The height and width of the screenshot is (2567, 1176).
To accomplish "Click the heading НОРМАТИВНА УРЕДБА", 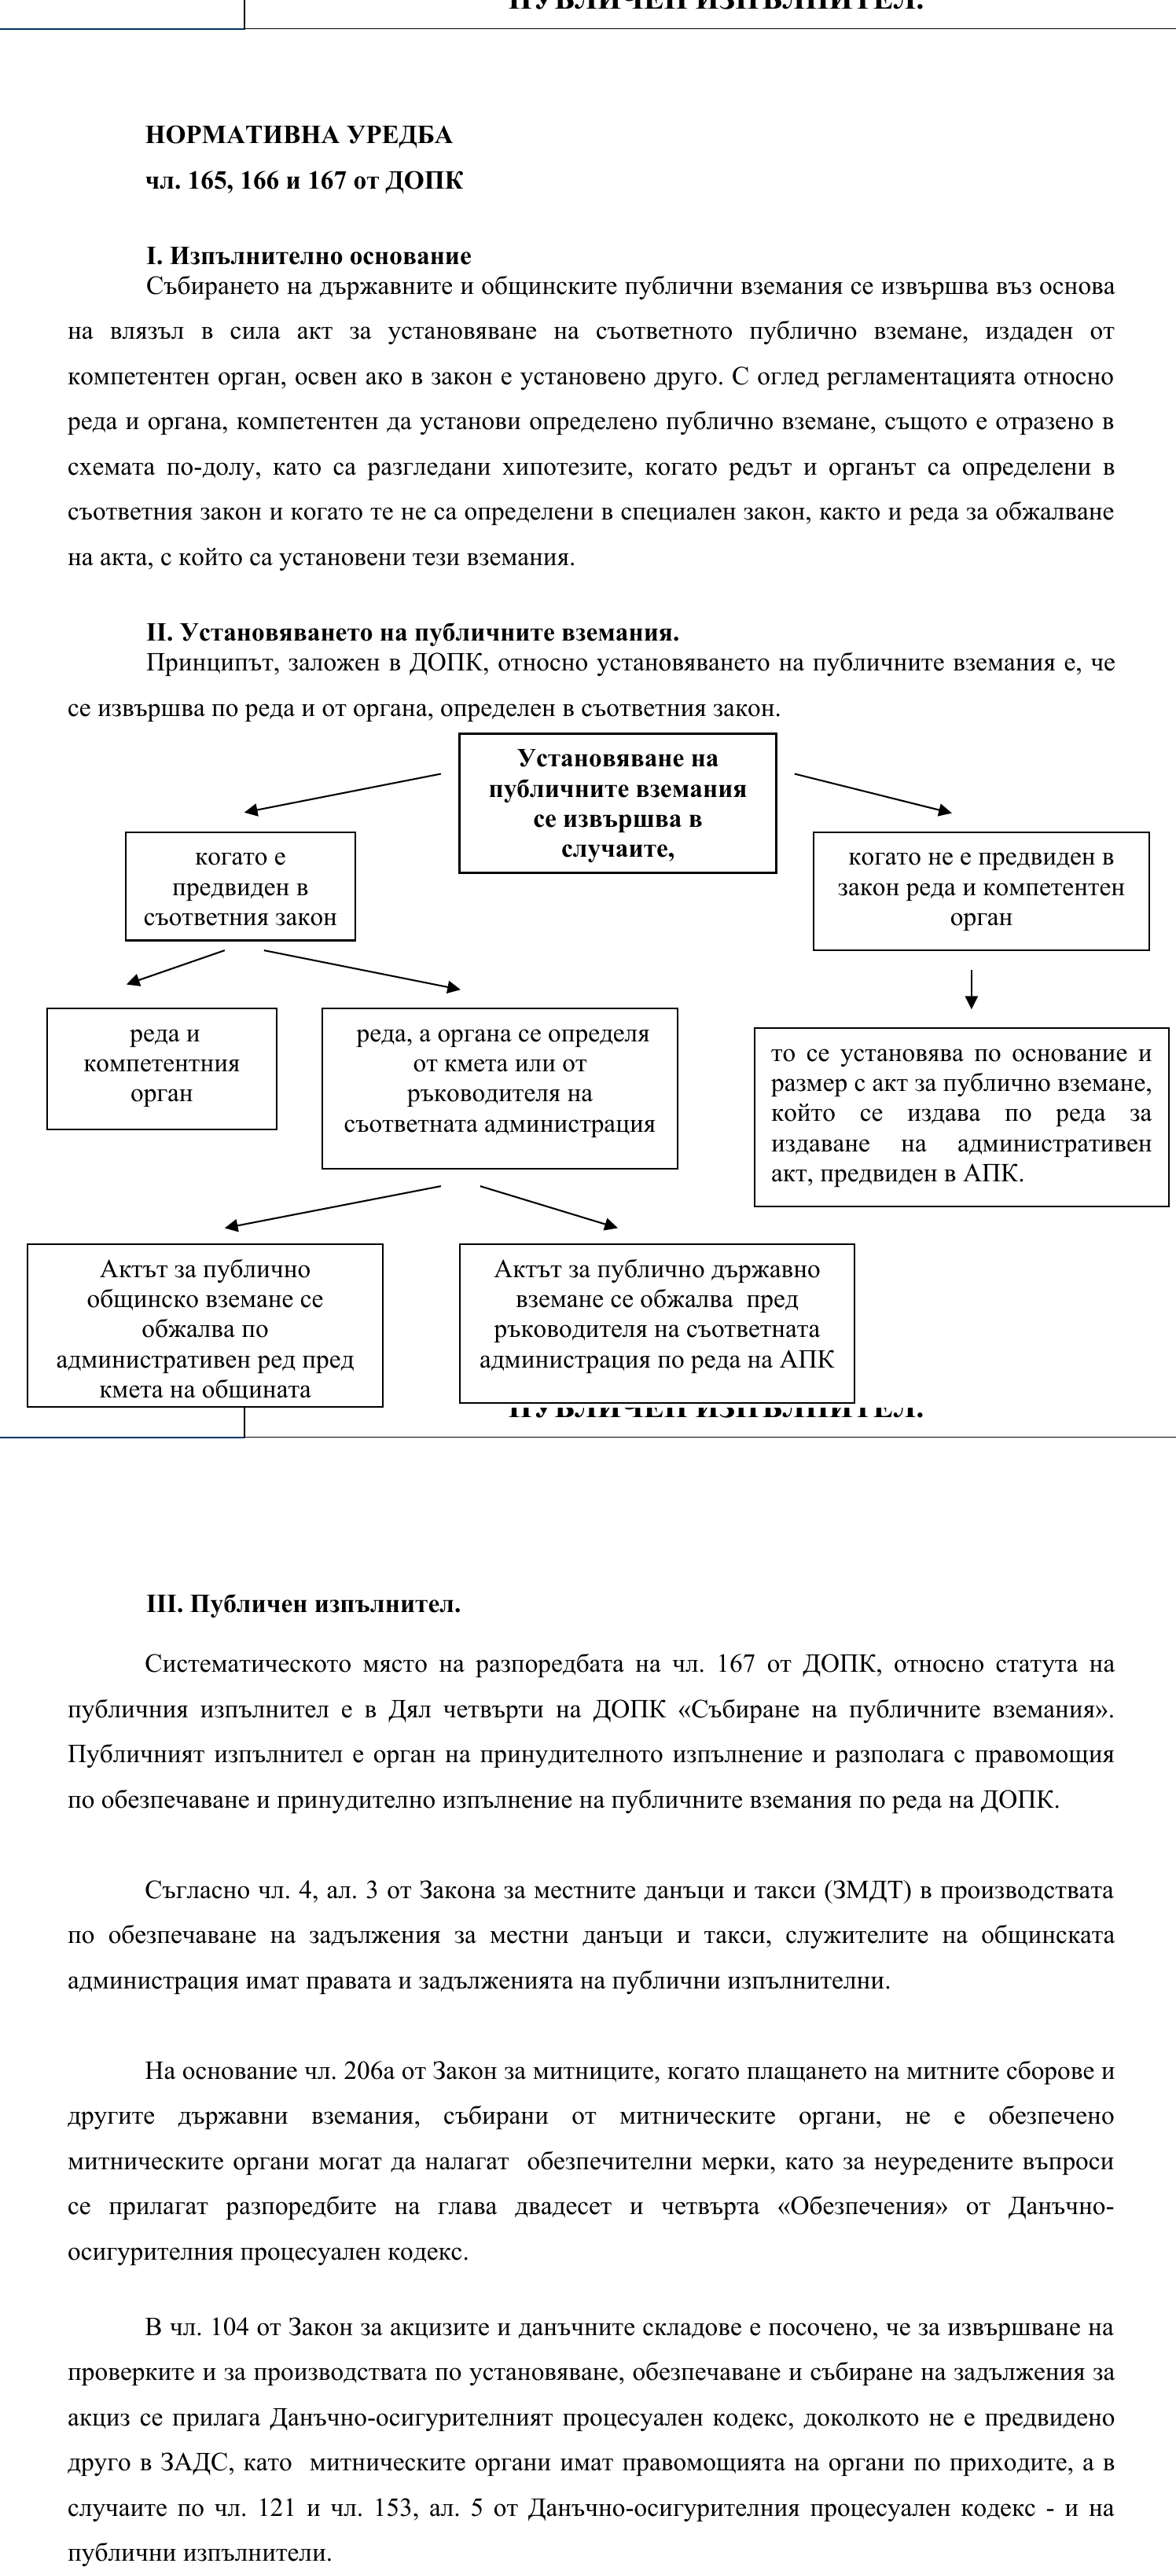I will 299,134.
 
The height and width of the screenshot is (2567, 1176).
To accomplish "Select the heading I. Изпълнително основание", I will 309,256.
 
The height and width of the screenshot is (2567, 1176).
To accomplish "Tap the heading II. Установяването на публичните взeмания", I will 413,633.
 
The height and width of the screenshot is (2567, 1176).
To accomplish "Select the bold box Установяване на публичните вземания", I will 617,803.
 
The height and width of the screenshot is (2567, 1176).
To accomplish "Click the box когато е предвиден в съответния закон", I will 241,887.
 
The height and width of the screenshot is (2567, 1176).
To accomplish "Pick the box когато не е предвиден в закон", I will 981,890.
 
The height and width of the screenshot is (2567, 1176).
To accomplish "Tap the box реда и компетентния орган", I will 161,1067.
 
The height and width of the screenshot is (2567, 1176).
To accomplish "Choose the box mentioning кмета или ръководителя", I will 499,1087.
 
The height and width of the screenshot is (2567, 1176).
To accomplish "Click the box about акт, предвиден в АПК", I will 961,1116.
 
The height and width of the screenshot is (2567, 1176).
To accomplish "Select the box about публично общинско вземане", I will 205,1325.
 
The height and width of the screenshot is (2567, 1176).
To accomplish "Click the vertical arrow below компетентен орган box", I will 972,989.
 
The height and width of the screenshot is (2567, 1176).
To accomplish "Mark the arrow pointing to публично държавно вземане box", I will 548,1206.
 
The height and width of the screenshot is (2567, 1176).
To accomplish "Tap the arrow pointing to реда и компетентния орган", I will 176,967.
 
